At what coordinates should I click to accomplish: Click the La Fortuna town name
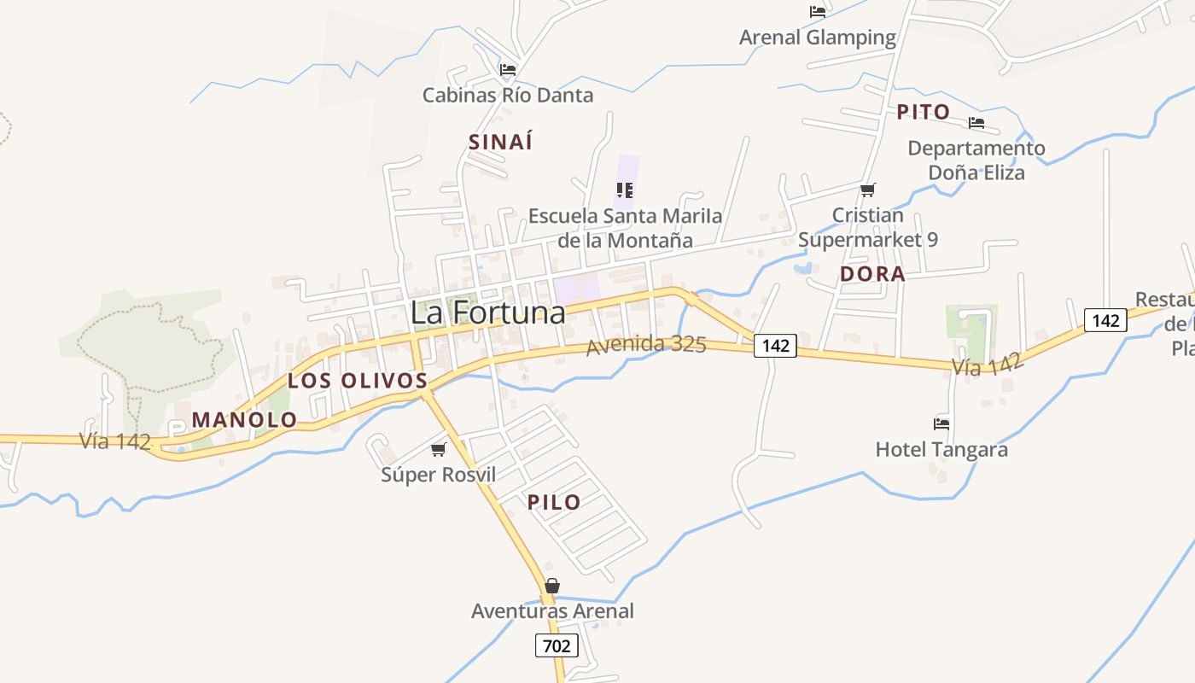[x=487, y=312]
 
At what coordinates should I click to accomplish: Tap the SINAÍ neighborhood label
[x=500, y=142]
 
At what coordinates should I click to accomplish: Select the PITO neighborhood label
[x=923, y=112]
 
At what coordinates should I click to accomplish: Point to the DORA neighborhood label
[x=872, y=274]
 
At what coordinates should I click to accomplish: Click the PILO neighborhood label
[x=554, y=502]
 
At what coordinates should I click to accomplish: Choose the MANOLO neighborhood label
[x=244, y=420]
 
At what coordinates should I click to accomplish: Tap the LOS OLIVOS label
[x=357, y=381]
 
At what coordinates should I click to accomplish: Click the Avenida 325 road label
[x=646, y=345]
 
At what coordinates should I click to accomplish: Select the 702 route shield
[x=557, y=646]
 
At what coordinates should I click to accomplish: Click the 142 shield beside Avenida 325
[x=775, y=346]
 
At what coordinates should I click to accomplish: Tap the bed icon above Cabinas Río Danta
[x=508, y=69]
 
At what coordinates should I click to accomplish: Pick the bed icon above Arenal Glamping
[x=818, y=12]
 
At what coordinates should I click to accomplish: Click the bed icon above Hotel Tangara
[x=941, y=423]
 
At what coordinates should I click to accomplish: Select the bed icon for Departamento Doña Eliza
[x=976, y=123]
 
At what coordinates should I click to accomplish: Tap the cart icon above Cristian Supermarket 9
[x=868, y=190]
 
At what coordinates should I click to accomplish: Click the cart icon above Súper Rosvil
[x=438, y=449]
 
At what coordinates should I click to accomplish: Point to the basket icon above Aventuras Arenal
[x=552, y=586]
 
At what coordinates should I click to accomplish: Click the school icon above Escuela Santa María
[x=625, y=190]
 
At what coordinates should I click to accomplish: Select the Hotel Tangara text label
[x=941, y=449]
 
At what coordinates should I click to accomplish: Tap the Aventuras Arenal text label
[x=552, y=611]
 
